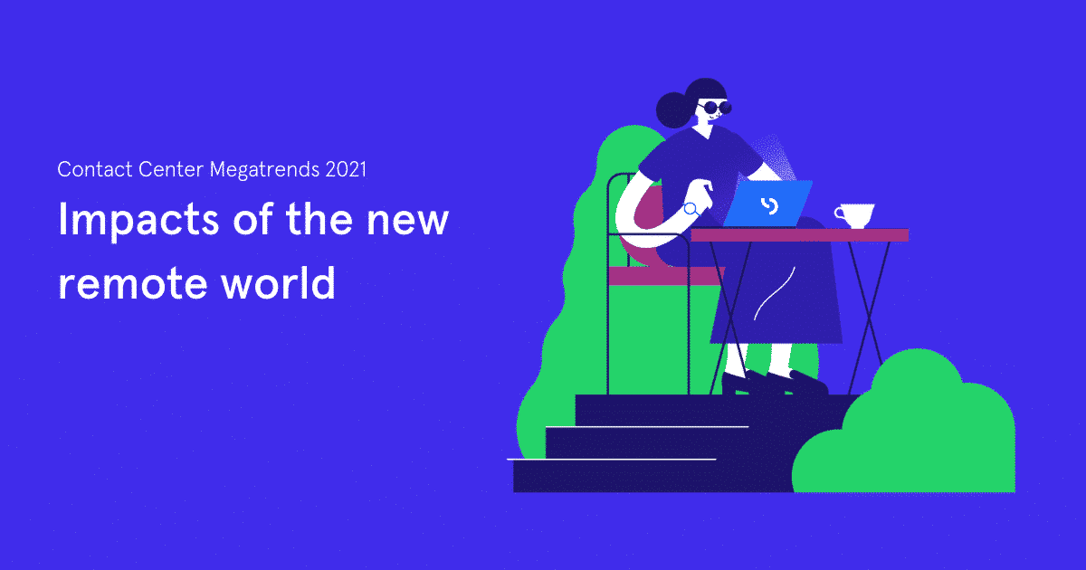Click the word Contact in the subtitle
pyautogui.click(x=84, y=169)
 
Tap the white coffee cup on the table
pyautogui.click(x=854, y=216)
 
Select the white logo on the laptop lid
pyautogui.click(x=769, y=205)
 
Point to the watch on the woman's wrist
pyautogui.click(x=691, y=209)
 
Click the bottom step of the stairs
pyautogui.click(x=633, y=476)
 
